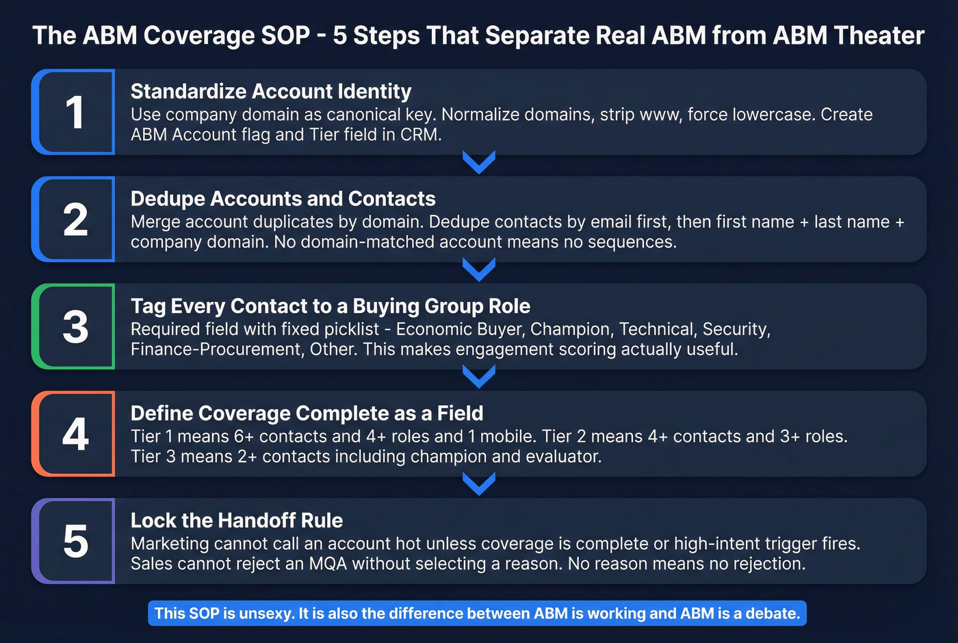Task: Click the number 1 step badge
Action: [74, 112]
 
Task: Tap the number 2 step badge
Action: [74, 220]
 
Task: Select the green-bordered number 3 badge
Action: [74, 327]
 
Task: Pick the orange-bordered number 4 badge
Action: [74, 434]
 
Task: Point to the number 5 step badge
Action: [74, 541]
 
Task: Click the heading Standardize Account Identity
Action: [271, 91]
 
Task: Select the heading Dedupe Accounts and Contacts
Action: [283, 199]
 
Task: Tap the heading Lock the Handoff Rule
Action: [237, 520]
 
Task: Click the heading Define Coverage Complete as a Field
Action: [307, 413]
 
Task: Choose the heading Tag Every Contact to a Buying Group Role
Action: [331, 306]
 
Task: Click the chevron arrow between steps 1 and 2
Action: [479, 163]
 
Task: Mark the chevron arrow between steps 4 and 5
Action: [479, 484]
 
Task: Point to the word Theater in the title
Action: [883, 36]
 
